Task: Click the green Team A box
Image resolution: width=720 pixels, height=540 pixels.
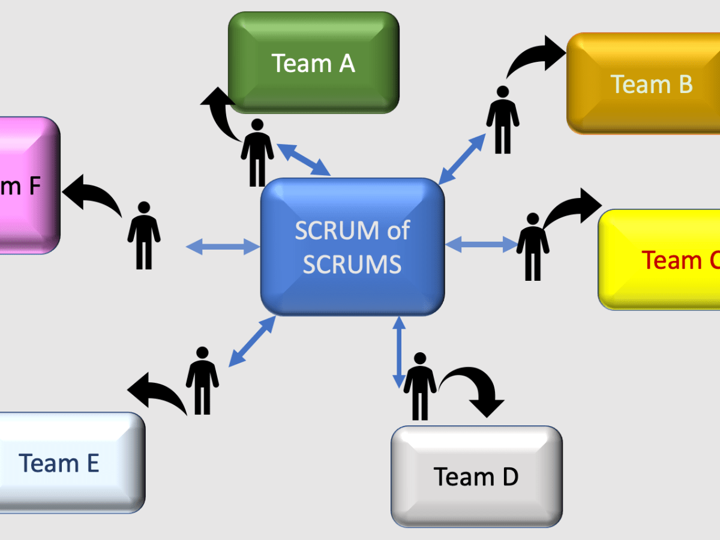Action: [313, 62]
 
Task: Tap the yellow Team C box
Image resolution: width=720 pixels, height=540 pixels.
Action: [660, 259]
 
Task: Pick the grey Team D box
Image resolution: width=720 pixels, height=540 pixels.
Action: [476, 476]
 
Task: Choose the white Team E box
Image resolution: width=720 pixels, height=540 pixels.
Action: [66, 463]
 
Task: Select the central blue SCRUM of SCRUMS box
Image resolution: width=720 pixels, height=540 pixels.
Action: [352, 246]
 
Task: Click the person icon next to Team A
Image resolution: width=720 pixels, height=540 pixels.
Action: [257, 152]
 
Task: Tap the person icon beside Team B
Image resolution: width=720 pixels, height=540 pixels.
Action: [503, 119]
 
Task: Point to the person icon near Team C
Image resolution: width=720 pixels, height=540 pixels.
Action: [532, 246]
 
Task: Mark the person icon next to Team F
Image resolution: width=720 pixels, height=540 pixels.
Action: [144, 235]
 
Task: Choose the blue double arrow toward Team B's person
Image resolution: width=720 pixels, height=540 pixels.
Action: [461, 158]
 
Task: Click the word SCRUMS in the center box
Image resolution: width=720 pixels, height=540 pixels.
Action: [352, 264]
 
